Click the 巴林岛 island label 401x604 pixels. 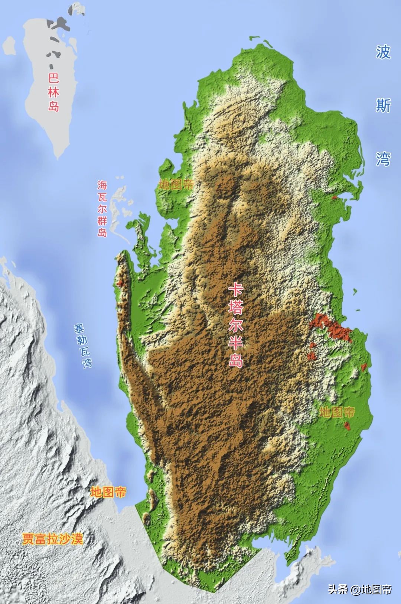tap(54, 92)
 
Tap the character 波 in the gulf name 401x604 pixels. tap(383, 52)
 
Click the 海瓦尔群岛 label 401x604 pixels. tap(102, 208)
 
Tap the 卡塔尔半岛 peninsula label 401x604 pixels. tap(235, 325)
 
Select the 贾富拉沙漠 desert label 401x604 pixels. tap(52, 539)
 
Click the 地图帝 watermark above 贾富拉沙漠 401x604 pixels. tap(108, 492)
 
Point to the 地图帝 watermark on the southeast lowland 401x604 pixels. tap(337, 412)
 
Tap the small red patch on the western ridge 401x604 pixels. tap(120, 283)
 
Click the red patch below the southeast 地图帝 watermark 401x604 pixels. tap(348, 425)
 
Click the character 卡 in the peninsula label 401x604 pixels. tap(235, 289)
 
